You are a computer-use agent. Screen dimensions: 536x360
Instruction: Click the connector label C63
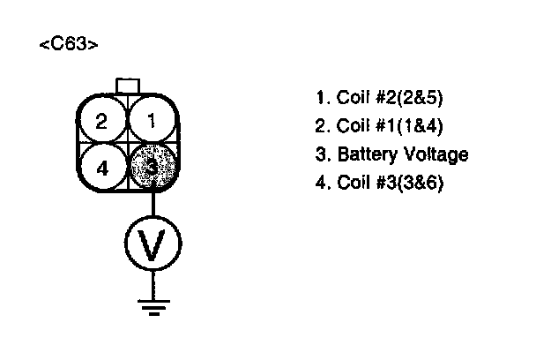68,46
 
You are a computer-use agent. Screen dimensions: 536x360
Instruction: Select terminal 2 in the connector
102,121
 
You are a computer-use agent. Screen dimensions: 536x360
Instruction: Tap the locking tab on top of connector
128,85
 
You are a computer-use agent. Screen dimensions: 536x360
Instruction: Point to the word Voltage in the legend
437,154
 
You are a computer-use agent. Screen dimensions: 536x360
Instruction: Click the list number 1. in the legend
321,97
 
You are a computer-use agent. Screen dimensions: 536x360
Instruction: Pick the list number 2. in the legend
321,124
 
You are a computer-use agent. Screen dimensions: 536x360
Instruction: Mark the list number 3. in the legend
321,154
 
